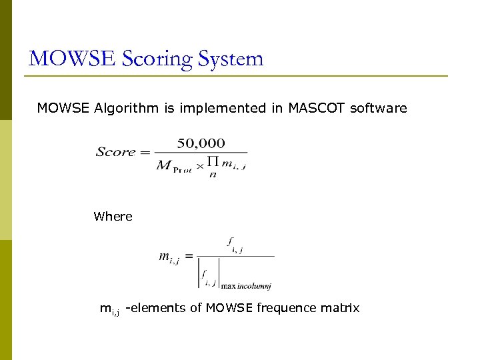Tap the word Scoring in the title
155,60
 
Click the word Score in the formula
115,152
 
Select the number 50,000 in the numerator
201,143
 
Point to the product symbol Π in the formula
213,162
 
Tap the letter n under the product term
213,175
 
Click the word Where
113,217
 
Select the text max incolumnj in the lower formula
246,285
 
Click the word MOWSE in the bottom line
227,308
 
